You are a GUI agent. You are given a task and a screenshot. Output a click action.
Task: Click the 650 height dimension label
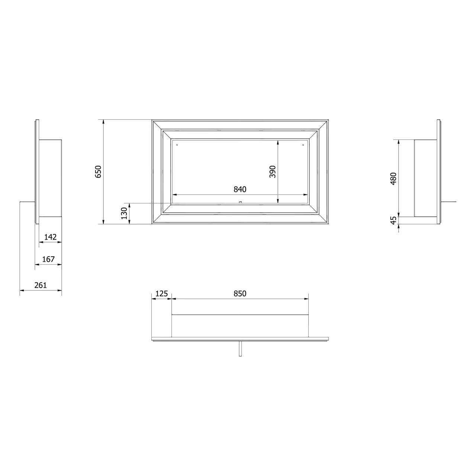tap(98, 171)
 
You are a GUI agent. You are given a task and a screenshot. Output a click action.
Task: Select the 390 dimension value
tap(273, 171)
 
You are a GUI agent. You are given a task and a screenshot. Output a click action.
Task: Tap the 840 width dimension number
tap(240, 189)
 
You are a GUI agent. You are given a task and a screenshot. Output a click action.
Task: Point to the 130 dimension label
tap(124, 213)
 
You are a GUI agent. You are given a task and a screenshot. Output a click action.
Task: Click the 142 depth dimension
tap(51, 237)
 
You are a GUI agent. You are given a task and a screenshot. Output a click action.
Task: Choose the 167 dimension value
tap(48, 259)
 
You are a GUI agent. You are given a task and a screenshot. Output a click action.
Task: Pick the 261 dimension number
tap(41, 285)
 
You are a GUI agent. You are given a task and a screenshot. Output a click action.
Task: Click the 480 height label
tap(393, 178)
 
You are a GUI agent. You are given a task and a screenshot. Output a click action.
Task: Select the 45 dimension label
tap(393, 221)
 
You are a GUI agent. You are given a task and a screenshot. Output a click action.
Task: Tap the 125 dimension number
tap(162, 294)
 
